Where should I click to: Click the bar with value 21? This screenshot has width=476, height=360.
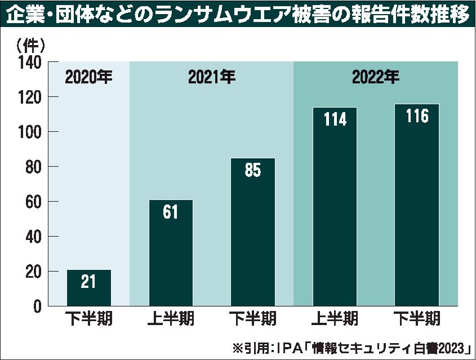click(x=88, y=288)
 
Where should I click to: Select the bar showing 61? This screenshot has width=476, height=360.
click(x=171, y=253)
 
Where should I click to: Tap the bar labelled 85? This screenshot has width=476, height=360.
click(x=253, y=232)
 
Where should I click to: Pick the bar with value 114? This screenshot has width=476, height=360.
click(x=335, y=207)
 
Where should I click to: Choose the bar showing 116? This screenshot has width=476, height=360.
click(x=417, y=205)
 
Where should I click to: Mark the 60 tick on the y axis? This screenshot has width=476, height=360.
click(x=34, y=202)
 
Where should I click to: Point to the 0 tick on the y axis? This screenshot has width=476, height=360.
click(x=38, y=306)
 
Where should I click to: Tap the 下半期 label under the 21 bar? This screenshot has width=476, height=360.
click(x=88, y=319)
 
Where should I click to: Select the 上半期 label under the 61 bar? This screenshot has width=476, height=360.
click(x=171, y=319)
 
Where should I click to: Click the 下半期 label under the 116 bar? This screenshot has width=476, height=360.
click(x=417, y=319)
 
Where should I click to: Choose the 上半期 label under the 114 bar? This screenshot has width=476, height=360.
click(x=335, y=319)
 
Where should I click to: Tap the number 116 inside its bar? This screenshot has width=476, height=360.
click(x=417, y=117)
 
